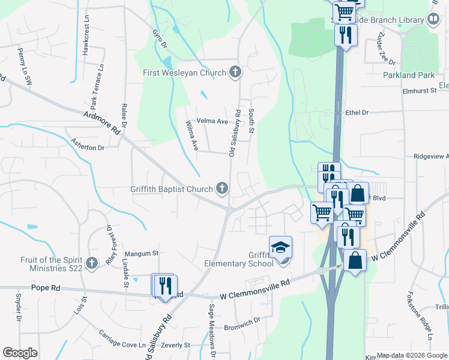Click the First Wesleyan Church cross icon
click(235, 73)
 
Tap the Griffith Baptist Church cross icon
click(222, 189)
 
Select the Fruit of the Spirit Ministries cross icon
click(91, 263)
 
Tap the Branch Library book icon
click(433, 20)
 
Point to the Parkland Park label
click(408, 76)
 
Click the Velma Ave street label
click(212, 121)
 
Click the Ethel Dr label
click(357, 112)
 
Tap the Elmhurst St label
click(418, 91)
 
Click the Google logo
click(20, 353)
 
